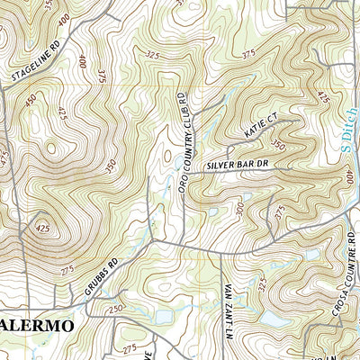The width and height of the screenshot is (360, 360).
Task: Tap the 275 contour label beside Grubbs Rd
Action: (x=65, y=269)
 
